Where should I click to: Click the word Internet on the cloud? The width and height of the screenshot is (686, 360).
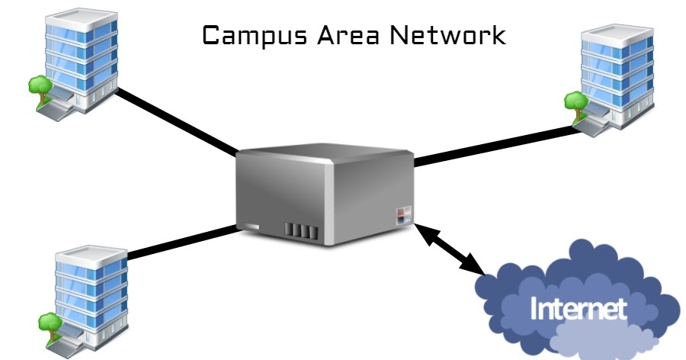pyautogui.click(x=579, y=308)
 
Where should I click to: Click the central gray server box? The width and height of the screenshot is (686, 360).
pyautogui.click(x=323, y=194)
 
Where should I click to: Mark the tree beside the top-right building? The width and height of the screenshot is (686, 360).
pyautogui.click(x=573, y=101)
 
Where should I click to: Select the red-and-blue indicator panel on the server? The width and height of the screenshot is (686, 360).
pyautogui.click(x=403, y=214)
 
